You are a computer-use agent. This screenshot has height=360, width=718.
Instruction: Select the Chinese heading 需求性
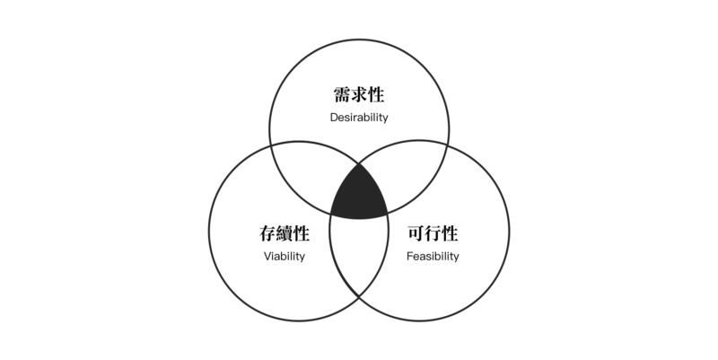[359, 95]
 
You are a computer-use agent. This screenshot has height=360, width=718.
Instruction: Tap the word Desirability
[359, 118]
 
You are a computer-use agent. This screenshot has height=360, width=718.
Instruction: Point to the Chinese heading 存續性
[285, 233]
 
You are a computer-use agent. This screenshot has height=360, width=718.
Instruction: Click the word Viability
[285, 256]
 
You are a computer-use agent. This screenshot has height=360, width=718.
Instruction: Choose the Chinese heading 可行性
[433, 233]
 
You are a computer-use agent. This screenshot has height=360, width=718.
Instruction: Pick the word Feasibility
[433, 256]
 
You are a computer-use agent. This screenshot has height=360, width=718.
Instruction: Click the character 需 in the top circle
[342, 95]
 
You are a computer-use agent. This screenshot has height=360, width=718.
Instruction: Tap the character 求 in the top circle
[359, 95]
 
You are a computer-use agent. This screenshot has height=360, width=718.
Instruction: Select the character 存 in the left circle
[267, 233]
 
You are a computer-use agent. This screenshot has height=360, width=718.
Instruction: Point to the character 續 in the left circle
[285, 233]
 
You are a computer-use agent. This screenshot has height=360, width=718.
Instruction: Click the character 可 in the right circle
[416, 233]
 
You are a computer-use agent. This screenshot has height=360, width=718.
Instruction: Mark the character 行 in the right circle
[433, 233]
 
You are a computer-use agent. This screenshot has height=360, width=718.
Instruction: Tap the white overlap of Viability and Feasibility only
[359, 251]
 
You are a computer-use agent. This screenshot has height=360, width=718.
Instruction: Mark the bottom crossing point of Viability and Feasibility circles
[359, 297]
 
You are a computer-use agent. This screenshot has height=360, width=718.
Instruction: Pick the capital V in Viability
[267, 256]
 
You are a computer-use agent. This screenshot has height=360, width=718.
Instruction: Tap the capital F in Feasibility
[409, 256]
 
